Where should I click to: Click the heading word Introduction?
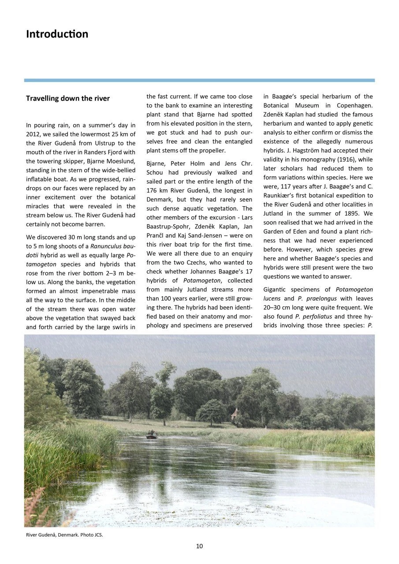[x=57, y=34]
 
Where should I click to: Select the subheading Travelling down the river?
[x=68, y=98]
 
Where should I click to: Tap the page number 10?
[x=199, y=546]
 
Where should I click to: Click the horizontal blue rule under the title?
[x=199, y=80]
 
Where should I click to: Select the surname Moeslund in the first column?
[x=118, y=161]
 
